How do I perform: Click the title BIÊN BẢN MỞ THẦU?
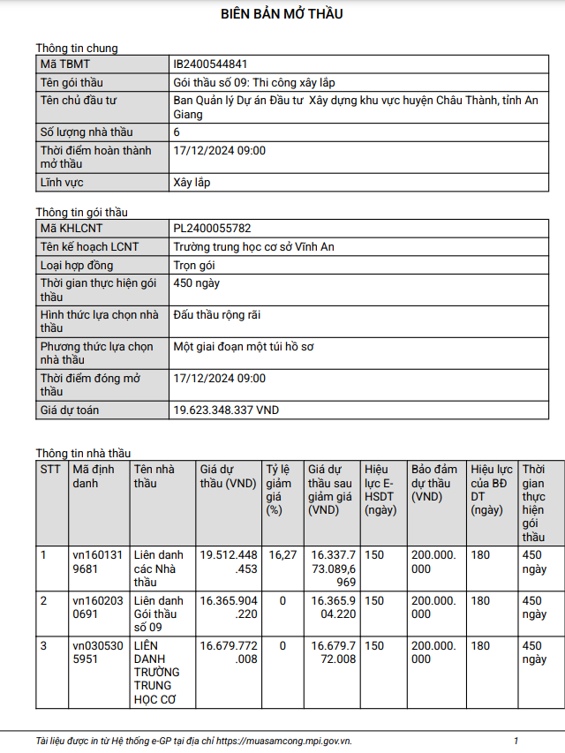(282, 14)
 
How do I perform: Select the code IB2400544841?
(210, 64)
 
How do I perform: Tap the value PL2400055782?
(211, 229)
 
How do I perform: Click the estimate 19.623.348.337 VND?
(226, 410)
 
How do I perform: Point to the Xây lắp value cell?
(192, 183)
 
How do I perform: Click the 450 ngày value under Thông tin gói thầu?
(197, 283)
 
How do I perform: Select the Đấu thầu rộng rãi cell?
(217, 315)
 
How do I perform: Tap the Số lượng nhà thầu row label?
(87, 132)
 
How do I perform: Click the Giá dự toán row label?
(70, 410)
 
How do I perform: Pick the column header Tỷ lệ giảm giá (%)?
(279, 489)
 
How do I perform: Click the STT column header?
(50, 470)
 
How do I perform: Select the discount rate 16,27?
(282, 555)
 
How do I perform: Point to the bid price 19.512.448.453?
(229, 561)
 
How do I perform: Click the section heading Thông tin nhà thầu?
(83, 453)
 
